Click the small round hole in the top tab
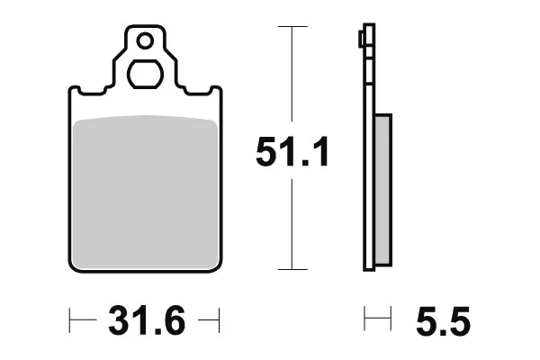click(145, 41)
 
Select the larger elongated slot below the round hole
click(145, 74)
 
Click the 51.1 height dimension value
click(292, 151)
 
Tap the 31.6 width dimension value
click(147, 320)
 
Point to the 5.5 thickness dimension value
click(443, 320)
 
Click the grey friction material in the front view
click(145, 192)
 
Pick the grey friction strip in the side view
click(382, 190)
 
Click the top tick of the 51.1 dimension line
click(292, 26)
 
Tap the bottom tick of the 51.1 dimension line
click(292, 269)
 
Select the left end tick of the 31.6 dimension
click(69, 320)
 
